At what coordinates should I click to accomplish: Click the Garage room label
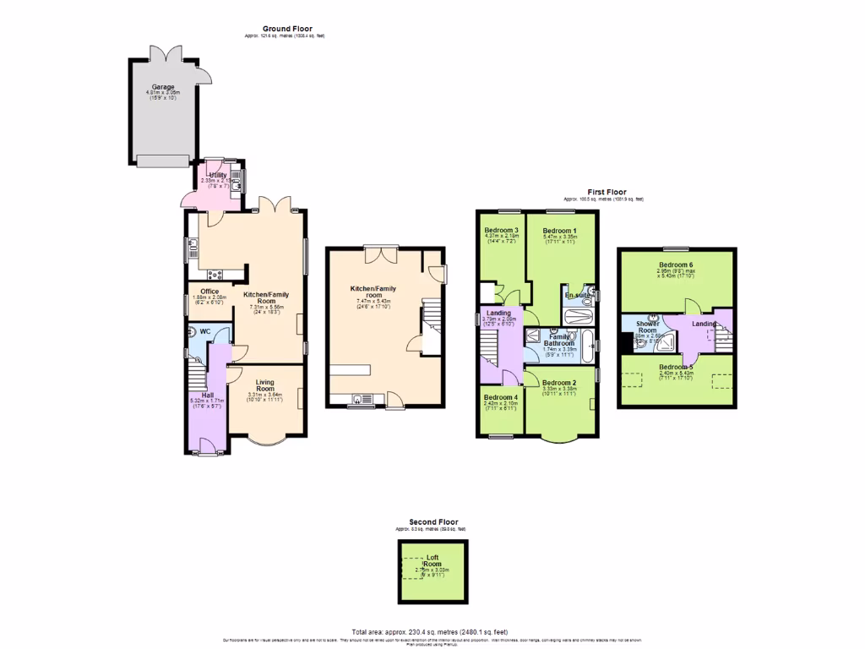click(x=163, y=86)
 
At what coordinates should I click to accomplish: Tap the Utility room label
click(x=206, y=175)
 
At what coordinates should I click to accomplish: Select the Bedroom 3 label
click(x=500, y=230)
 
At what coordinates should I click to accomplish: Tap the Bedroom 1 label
click(x=559, y=231)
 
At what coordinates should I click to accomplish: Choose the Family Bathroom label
click(x=558, y=340)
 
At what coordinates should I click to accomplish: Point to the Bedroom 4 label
click(x=500, y=397)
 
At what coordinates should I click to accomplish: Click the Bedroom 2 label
click(x=558, y=383)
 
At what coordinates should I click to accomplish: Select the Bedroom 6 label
click(x=676, y=265)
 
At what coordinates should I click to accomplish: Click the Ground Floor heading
click(x=286, y=29)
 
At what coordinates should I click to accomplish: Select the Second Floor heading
click(x=433, y=522)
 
